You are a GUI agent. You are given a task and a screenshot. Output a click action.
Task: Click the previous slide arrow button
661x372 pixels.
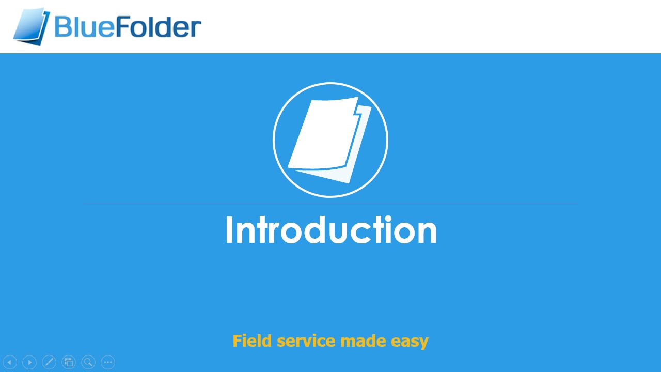tap(10, 362)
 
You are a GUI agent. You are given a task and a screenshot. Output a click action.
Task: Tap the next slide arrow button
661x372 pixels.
tap(29, 362)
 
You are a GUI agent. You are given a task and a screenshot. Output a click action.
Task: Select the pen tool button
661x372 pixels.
tap(49, 362)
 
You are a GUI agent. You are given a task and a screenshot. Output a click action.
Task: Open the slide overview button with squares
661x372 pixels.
tap(69, 362)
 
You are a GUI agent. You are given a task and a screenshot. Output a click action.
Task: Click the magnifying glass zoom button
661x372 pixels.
tap(88, 362)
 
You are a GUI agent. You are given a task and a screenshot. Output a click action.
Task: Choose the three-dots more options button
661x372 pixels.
tap(108, 362)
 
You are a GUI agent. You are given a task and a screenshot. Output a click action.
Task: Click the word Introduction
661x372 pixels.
tap(330, 230)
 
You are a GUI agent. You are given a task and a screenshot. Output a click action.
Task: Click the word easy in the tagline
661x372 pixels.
tap(410, 342)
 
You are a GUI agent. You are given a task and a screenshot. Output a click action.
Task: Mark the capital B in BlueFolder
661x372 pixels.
tap(64, 27)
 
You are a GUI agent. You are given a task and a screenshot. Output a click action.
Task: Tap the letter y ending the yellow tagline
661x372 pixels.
tap(423, 343)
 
